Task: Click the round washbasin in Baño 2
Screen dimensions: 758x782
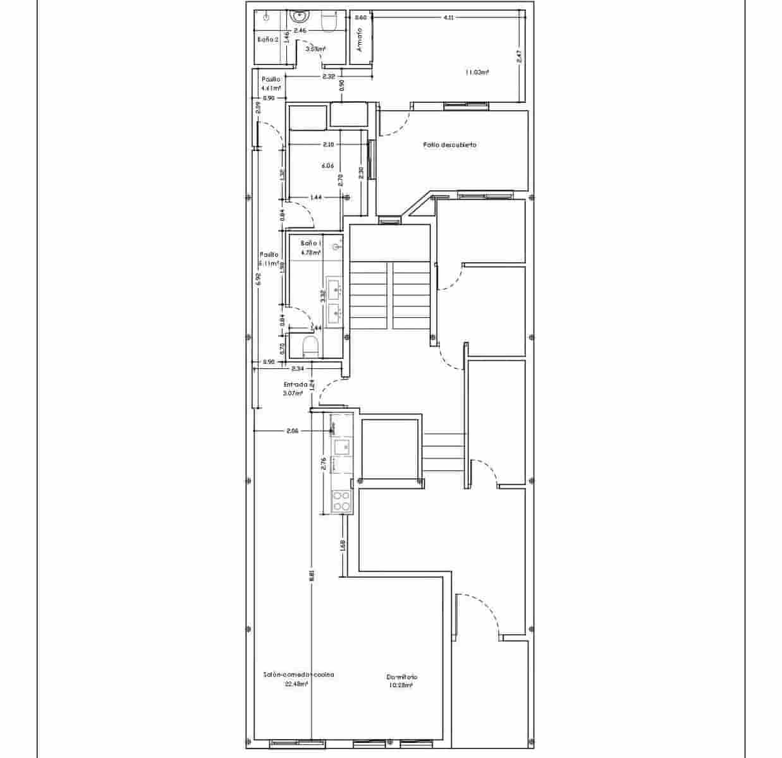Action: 297,16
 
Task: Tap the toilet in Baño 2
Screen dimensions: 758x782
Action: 329,24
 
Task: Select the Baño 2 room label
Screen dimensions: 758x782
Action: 268,39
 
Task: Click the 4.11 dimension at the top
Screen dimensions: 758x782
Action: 448,18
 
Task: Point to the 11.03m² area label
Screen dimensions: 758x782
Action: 477,73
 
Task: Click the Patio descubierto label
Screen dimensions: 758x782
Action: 449,145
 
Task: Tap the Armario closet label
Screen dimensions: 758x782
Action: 360,40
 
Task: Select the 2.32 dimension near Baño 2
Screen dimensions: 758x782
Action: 328,77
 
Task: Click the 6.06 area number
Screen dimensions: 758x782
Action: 327,166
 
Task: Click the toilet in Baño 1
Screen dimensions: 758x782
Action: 310,346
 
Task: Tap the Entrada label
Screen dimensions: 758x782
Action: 295,384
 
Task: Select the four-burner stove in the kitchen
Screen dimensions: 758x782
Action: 342,502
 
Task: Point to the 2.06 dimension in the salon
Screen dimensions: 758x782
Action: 292,431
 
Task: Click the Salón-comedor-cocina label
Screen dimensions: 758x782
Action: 298,675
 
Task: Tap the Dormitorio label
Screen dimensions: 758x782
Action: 402,677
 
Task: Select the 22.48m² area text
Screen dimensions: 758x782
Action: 296,683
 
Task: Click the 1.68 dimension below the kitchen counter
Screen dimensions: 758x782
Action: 343,544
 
